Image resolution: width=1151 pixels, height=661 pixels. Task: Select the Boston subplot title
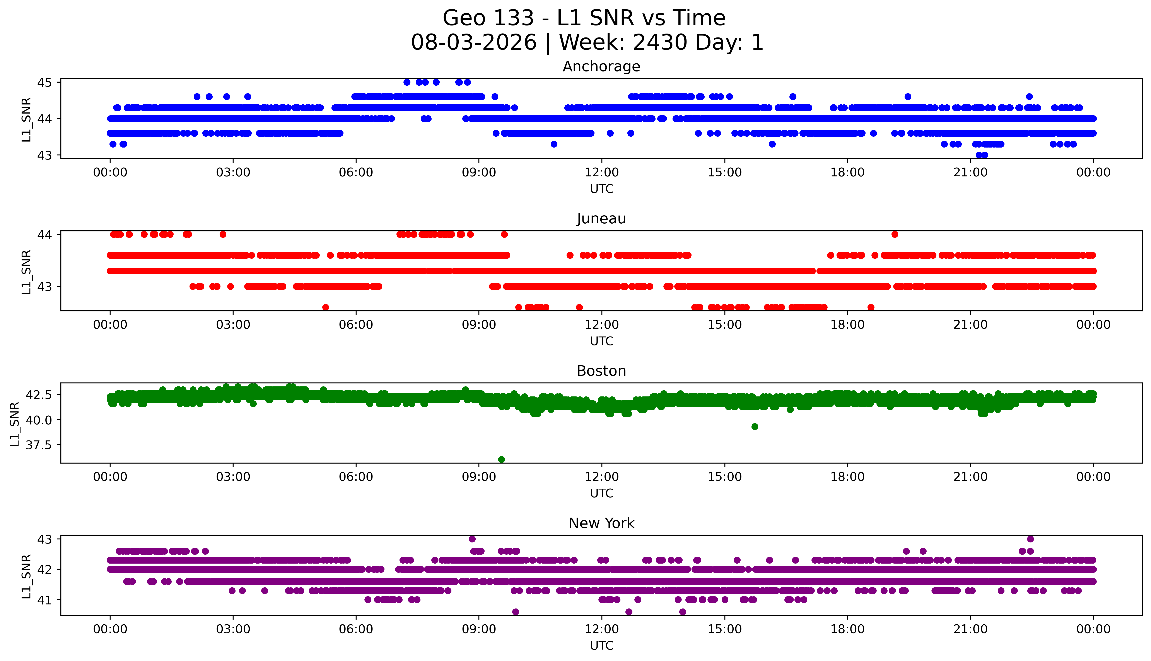pyautogui.click(x=601, y=371)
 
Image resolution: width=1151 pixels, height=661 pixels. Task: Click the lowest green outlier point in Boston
pyautogui.click(x=501, y=459)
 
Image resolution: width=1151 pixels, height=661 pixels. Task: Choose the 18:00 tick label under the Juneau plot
pyautogui.click(x=848, y=325)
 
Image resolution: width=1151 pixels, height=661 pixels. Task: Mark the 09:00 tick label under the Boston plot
pyautogui.click(x=479, y=477)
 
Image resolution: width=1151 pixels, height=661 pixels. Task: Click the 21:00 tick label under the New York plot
pyautogui.click(x=971, y=629)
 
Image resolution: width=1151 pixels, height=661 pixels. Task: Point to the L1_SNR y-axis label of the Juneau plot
pyautogui.click(x=26, y=272)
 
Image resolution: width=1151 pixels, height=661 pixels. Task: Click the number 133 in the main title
pyautogui.click(x=514, y=18)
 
